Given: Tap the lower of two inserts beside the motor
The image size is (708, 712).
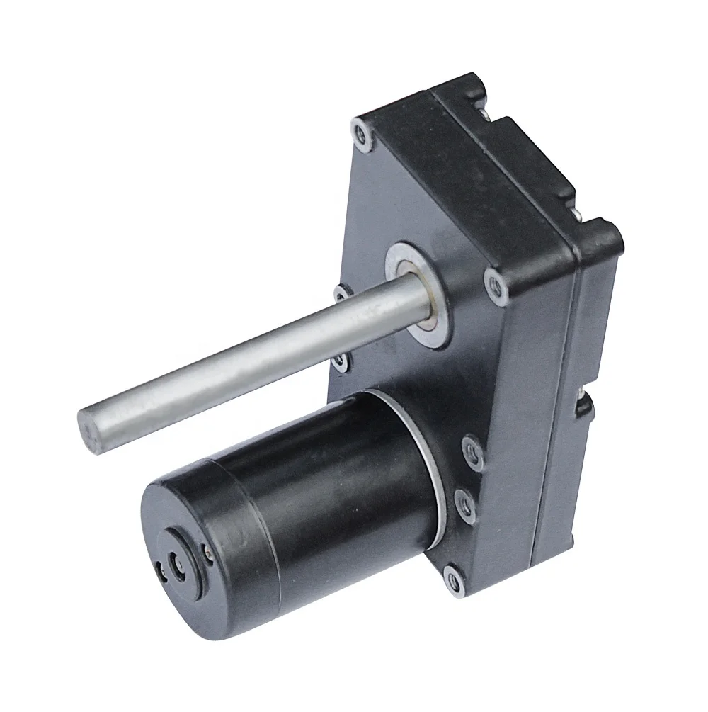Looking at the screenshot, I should [465, 501].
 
